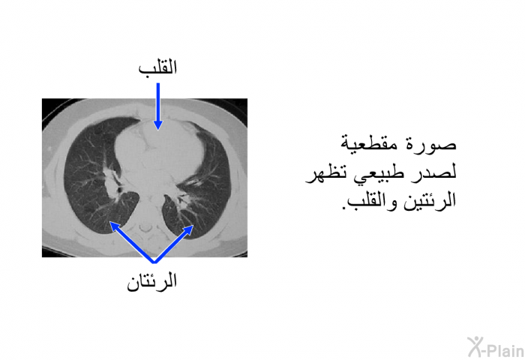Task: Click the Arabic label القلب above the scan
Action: (x=157, y=67)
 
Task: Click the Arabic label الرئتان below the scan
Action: (x=151, y=282)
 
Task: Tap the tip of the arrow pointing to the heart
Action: (x=158, y=130)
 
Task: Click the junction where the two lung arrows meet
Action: (x=154, y=262)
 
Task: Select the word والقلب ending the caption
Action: (x=372, y=201)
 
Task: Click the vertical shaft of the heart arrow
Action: (x=158, y=102)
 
